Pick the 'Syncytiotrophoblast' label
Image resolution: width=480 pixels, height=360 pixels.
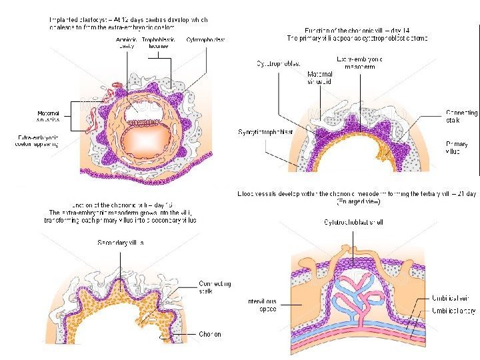pyautogui.click(x=265, y=132)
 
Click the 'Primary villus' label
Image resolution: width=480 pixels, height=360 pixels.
pyautogui.click(x=457, y=147)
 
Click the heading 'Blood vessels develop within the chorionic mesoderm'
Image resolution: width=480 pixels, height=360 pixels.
pyautogui.click(x=357, y=193)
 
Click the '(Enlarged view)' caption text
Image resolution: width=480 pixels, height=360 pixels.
pyautogui.click(x=357, y=201)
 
